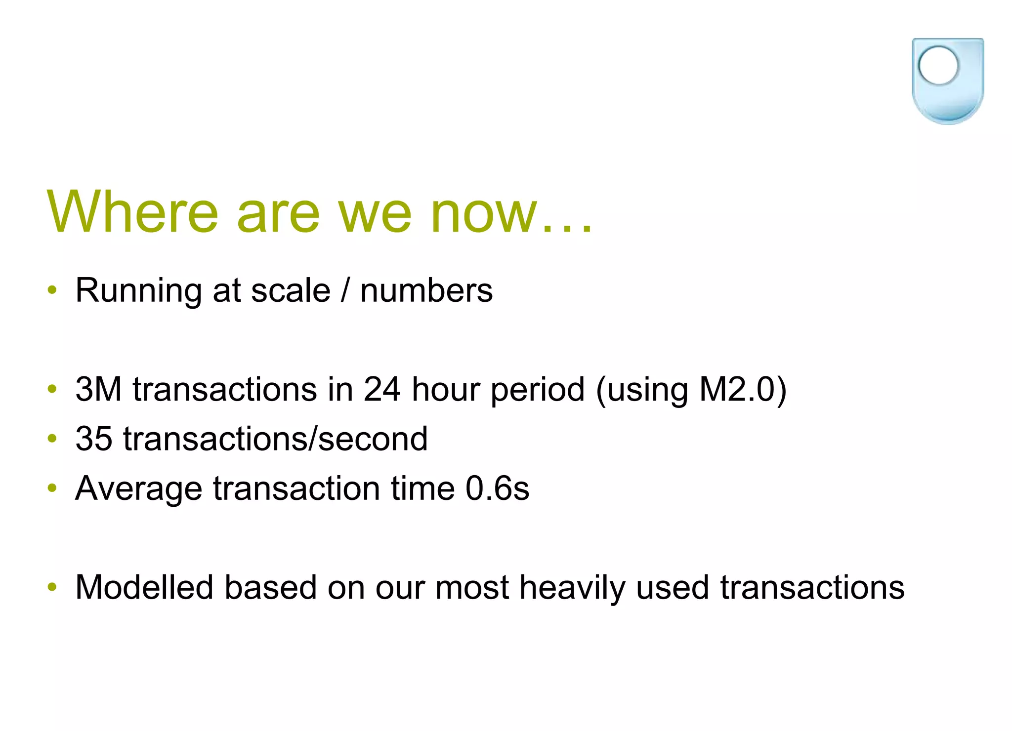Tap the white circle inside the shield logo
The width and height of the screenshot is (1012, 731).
938,65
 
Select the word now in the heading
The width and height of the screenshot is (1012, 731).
483,213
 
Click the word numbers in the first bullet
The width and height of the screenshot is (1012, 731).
426,290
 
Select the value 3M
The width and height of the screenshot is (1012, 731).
98,389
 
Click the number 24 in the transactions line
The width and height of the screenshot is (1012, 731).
381,389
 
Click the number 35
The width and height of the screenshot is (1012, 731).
93,439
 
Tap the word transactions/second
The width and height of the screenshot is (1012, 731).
275,439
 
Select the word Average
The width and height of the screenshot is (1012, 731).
138,488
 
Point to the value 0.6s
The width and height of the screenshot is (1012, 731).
497,488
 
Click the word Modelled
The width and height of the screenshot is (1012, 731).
144,587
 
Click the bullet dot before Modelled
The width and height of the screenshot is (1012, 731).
52,587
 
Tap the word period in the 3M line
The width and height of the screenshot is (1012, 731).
538,389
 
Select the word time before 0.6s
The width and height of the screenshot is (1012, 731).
422,488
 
